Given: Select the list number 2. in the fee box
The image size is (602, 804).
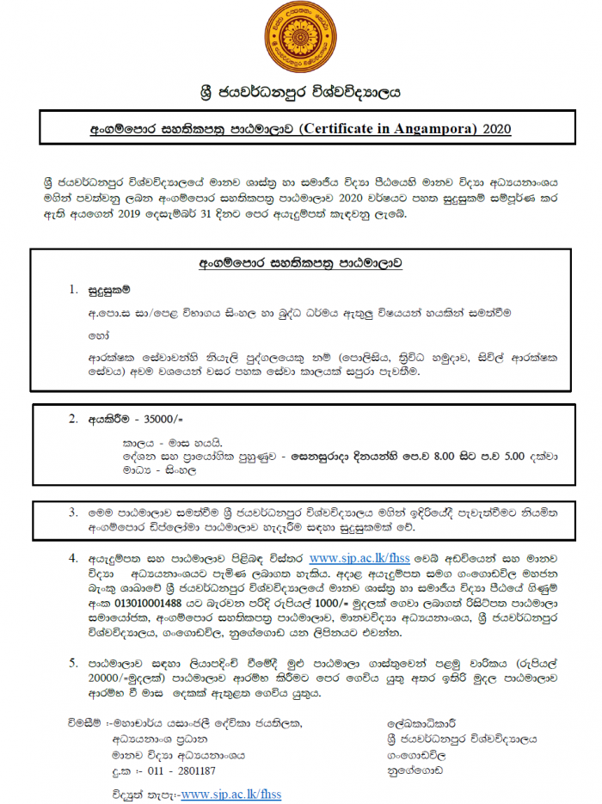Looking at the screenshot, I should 73,419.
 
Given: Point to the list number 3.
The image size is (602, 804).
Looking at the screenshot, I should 73,512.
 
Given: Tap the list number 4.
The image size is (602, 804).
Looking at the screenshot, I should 73,559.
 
